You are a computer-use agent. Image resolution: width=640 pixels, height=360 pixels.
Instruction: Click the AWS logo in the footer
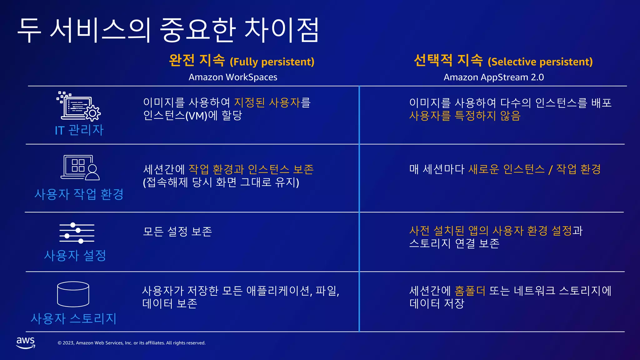point(26,342)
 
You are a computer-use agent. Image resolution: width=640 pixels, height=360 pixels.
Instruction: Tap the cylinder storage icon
point(73,294)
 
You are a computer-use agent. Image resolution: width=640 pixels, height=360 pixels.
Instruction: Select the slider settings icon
point(77,233)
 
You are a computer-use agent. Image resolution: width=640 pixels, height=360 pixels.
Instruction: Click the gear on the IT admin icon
point(92,113)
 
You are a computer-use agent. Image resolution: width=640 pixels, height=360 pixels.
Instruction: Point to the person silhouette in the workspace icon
point(92,173)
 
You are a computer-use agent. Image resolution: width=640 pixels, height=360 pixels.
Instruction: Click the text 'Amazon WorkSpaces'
point(233,77)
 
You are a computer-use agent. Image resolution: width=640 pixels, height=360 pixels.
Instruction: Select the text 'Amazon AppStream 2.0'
point(493,77)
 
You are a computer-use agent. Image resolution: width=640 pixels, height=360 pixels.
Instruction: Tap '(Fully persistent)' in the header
point(272,62)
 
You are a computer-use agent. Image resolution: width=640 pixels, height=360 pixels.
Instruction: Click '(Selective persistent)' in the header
point(540,62)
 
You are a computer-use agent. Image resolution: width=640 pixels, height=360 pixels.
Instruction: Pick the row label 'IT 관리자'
point(79,130)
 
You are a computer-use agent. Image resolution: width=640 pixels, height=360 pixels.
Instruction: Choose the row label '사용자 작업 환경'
point(79,194)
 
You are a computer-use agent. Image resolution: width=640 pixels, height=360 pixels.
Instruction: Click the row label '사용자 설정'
point(75,256)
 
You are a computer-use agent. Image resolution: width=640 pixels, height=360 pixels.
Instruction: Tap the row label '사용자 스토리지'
point(73,318)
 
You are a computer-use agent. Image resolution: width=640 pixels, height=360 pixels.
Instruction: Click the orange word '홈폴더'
point(470,291)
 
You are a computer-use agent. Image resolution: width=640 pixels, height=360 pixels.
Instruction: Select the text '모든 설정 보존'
point(177,232)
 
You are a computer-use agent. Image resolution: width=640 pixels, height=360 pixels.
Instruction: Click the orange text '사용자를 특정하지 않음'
point(465,116)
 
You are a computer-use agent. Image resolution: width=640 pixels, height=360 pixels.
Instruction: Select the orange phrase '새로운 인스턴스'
point(506,169)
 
